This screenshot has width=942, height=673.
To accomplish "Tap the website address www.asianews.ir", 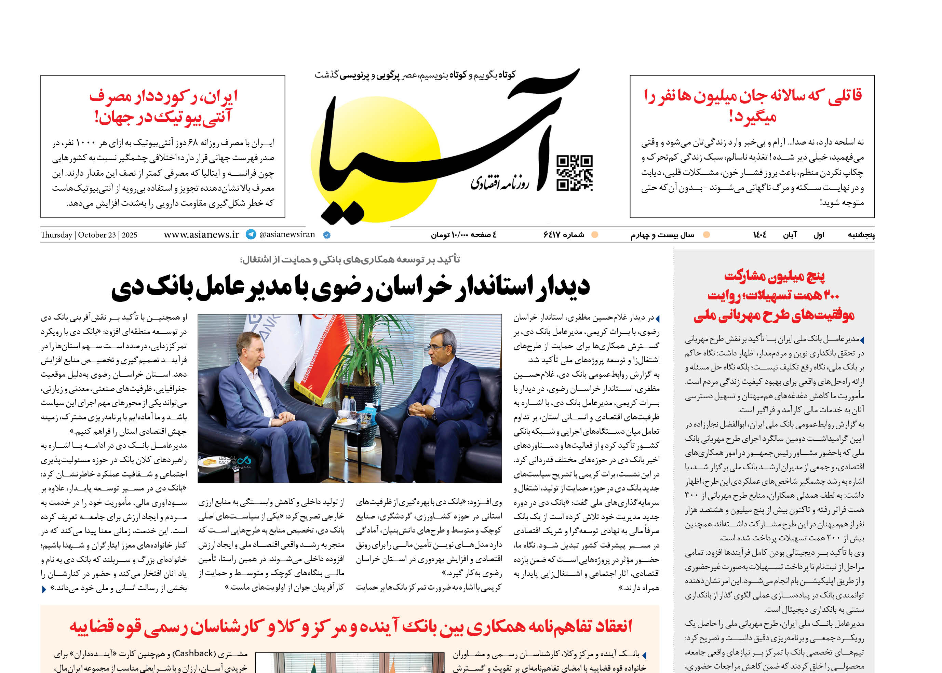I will [201, 234].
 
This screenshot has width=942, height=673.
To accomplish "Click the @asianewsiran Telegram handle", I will [287, 234].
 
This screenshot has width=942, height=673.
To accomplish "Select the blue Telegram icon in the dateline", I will [251, 234].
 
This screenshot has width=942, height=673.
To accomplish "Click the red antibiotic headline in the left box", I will [163, 107].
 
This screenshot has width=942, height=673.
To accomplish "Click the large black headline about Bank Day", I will [350, 287].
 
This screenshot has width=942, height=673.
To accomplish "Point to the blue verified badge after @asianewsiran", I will [326, 235].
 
